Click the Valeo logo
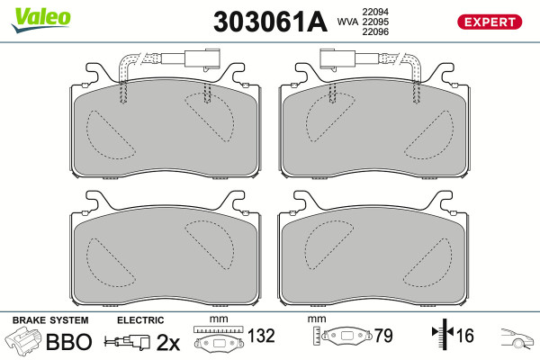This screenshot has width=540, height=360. click(41, 20)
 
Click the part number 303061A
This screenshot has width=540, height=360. click(270, 22)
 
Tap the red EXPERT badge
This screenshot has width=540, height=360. click(490, 22)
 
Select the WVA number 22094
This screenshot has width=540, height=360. click(375, 12)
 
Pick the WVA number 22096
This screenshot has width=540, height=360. click(375, 31)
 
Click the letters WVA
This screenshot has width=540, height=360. click(347, 22)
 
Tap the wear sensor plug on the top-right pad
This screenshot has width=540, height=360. click(337, 58)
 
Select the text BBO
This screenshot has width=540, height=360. click(69, 342)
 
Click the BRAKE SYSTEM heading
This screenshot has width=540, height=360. click(50, 320)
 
